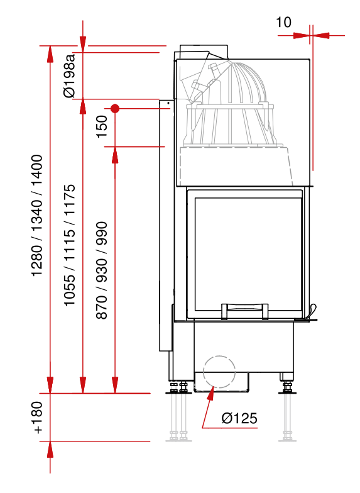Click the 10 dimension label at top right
click(x=283, y=23)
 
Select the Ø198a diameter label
click(x=70, y=75)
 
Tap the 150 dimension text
click(x=102, y=126)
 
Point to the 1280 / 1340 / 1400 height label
click(x=37, y=216)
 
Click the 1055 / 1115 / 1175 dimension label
click(x=70, y=245)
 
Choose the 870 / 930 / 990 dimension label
click(x=102, y=270)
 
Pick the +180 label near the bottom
click(x=37, y=418)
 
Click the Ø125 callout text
click(x=239, y=418)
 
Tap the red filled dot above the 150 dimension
click(x=115, y=109)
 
